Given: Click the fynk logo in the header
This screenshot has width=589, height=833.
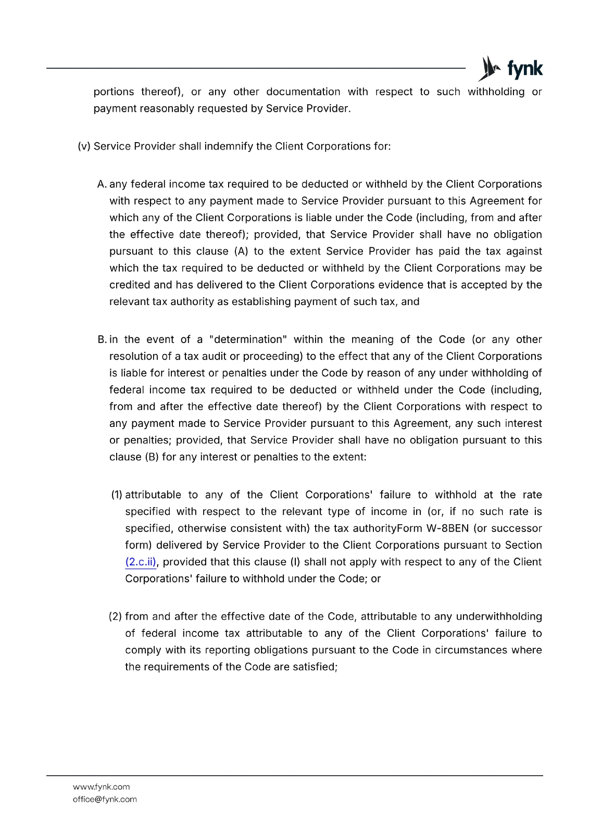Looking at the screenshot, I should coord(510,69).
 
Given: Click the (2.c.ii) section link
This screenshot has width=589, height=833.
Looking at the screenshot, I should coord(141,562).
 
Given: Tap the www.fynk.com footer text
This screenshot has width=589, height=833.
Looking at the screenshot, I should coord(102,787).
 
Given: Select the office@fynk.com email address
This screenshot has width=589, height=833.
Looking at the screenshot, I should coord(105,799).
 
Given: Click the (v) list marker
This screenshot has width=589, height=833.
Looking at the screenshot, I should coord(84,146).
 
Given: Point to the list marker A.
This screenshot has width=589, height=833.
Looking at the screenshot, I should coord(102,184).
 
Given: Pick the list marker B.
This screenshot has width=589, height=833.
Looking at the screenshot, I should coord(102,339).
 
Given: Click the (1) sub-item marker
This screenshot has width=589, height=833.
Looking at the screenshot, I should coord(117,495).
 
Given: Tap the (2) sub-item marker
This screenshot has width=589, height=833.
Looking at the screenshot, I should coord(115,617).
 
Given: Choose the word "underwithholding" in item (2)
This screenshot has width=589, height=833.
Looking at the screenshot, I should coord(499,617).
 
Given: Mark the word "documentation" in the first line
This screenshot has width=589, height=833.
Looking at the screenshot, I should coord(303,92).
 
